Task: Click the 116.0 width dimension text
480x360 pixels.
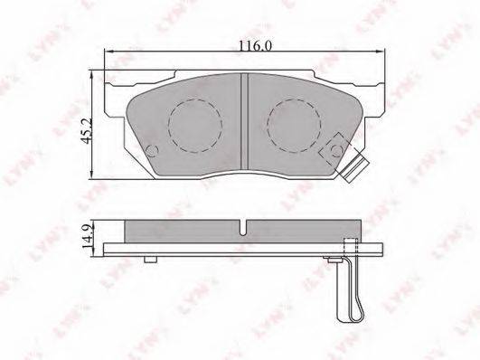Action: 255,46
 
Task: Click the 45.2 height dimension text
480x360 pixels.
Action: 87,132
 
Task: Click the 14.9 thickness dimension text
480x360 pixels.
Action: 88,238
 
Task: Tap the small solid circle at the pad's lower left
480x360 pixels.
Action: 152,150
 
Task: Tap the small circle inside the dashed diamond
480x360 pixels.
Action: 337,150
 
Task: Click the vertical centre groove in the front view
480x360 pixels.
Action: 244,121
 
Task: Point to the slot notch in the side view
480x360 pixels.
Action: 243,228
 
